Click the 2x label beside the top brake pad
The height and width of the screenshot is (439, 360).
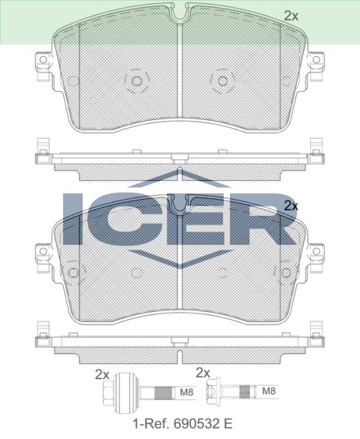tap(291, 15)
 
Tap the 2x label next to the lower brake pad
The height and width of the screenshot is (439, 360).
tap(291, 206)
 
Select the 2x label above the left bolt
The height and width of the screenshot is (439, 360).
tap(101, 374)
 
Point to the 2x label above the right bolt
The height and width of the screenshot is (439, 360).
tap(203, 374)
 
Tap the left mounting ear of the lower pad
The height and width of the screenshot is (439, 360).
tap(41, 253)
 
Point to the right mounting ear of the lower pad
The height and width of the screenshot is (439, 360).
tap(316, 253)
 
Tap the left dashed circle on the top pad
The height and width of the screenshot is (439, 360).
tap(136, 80)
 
